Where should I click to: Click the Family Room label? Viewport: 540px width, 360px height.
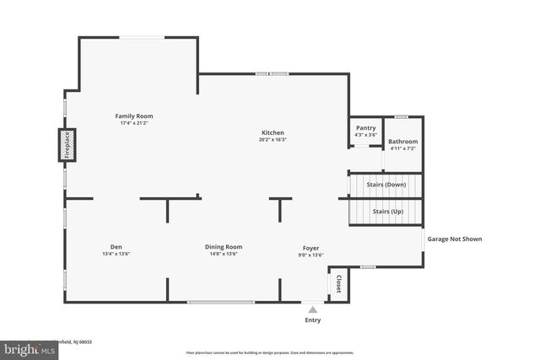coord(134,116)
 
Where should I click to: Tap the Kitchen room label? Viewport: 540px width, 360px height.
coord(273,132)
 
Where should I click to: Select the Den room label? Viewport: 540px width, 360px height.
coord(116,247)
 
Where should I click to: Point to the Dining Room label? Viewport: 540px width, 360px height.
coord(224,247)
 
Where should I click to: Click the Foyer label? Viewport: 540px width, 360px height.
coord(311,247)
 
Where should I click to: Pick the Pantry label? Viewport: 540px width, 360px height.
coord(365,128)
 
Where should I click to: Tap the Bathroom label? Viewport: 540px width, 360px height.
coord(402,142)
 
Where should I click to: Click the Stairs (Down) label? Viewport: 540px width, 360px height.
coord(385,184)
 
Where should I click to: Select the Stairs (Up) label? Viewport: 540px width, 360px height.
coord(387,212)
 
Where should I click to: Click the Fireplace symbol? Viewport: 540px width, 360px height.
coord(67,144)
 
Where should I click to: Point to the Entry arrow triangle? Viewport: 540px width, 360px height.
coord(312,310)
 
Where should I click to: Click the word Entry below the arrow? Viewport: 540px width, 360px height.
coord(312,320)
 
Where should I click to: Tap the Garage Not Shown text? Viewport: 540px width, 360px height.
coord(455,239)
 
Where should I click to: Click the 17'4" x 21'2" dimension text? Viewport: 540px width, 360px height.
coord(134,123)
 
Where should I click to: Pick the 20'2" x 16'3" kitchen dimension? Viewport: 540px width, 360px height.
coord(273,140)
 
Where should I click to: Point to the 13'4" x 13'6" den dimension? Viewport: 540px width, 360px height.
coord(116,254)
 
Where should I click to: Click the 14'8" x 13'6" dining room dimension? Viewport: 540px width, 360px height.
coord(224,254)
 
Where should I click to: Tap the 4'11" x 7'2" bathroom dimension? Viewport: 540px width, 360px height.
coord(402,148)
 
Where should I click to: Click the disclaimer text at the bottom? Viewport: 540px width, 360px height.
coord(270,352)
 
